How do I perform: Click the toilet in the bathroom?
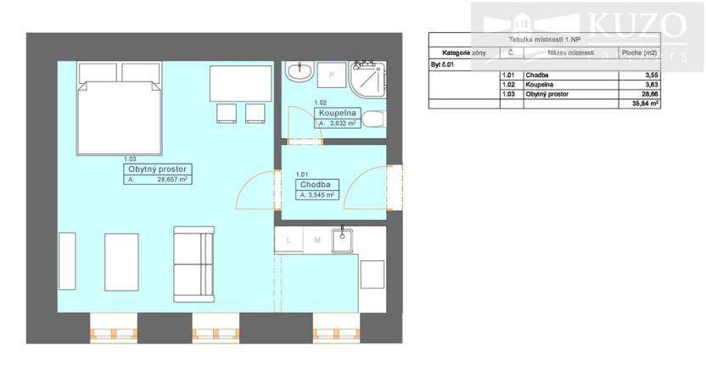374,119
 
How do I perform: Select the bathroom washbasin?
298,73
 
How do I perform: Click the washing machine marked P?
331,76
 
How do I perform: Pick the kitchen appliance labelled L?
289,240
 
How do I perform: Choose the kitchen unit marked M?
316,240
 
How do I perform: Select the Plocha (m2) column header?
639,53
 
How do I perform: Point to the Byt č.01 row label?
444,64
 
